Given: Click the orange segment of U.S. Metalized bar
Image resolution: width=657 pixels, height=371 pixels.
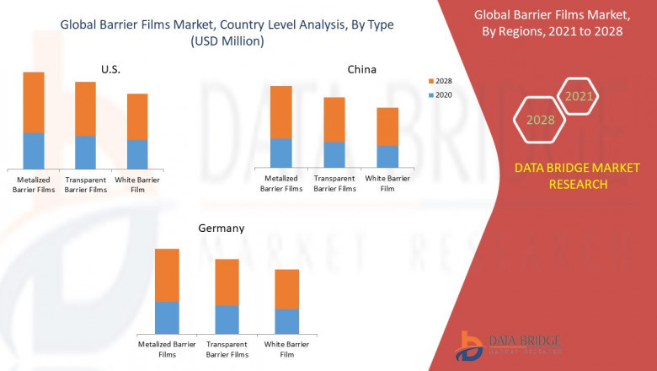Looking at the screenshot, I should point(34,102).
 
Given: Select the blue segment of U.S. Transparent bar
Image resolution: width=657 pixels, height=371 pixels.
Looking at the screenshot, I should point(86,153).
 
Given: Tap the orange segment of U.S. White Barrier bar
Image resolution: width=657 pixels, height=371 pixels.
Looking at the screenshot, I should point(137,116).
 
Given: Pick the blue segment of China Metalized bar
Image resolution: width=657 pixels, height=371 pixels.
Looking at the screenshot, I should point(281,153).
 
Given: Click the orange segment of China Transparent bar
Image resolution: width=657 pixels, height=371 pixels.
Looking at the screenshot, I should point(334,119).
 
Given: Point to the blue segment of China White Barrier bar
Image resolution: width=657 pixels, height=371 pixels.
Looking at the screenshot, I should point(387,157).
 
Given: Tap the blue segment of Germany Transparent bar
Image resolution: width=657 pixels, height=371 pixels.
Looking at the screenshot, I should point(227,319).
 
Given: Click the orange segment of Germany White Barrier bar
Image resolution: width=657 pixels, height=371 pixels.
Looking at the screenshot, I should point(287,289).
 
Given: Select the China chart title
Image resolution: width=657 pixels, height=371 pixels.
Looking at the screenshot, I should point(362,69).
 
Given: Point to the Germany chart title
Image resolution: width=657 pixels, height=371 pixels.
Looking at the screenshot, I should point(222,228).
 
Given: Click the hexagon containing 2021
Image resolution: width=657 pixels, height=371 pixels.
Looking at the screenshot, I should point(579,97).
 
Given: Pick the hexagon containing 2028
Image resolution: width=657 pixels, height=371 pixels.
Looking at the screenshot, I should point(540,120).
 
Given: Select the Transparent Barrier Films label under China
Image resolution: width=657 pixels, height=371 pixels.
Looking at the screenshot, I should point(334,183).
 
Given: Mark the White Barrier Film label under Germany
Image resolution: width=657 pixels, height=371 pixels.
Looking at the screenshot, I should point(287,349).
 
